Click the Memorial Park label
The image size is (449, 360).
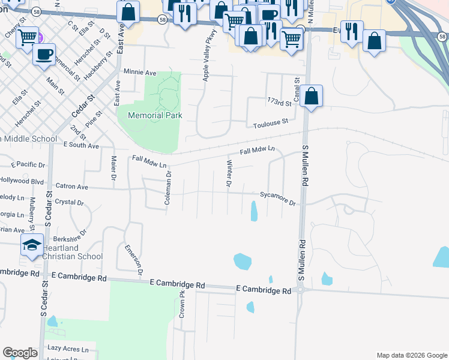pos(154,115)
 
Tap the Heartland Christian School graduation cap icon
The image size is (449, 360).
pos(32,245)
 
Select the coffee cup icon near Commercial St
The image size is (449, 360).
pos(44,54)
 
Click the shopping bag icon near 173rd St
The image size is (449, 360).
pos(312,96)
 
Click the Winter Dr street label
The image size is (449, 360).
pos(228,173)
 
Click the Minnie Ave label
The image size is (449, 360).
pos(139,73)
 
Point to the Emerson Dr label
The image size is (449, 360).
pos(133,259)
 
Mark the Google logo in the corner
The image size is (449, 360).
pos(20,353)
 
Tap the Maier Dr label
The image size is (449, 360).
pos(113,168)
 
